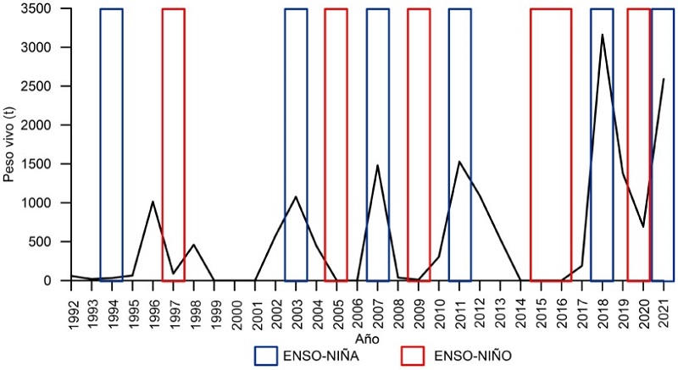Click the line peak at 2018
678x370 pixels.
point(602,35)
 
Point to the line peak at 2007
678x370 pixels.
point(377,165)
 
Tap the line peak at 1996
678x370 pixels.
point(153,202)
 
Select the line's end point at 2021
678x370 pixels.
point(664,79)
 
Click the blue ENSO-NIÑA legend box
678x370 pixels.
point(270,356)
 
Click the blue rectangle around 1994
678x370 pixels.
point(111,144)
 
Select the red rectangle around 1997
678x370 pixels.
point(173,144)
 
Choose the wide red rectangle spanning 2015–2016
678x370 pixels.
point(551,144)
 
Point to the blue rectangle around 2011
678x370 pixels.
point(459,144)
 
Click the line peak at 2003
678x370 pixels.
point(296,196)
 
